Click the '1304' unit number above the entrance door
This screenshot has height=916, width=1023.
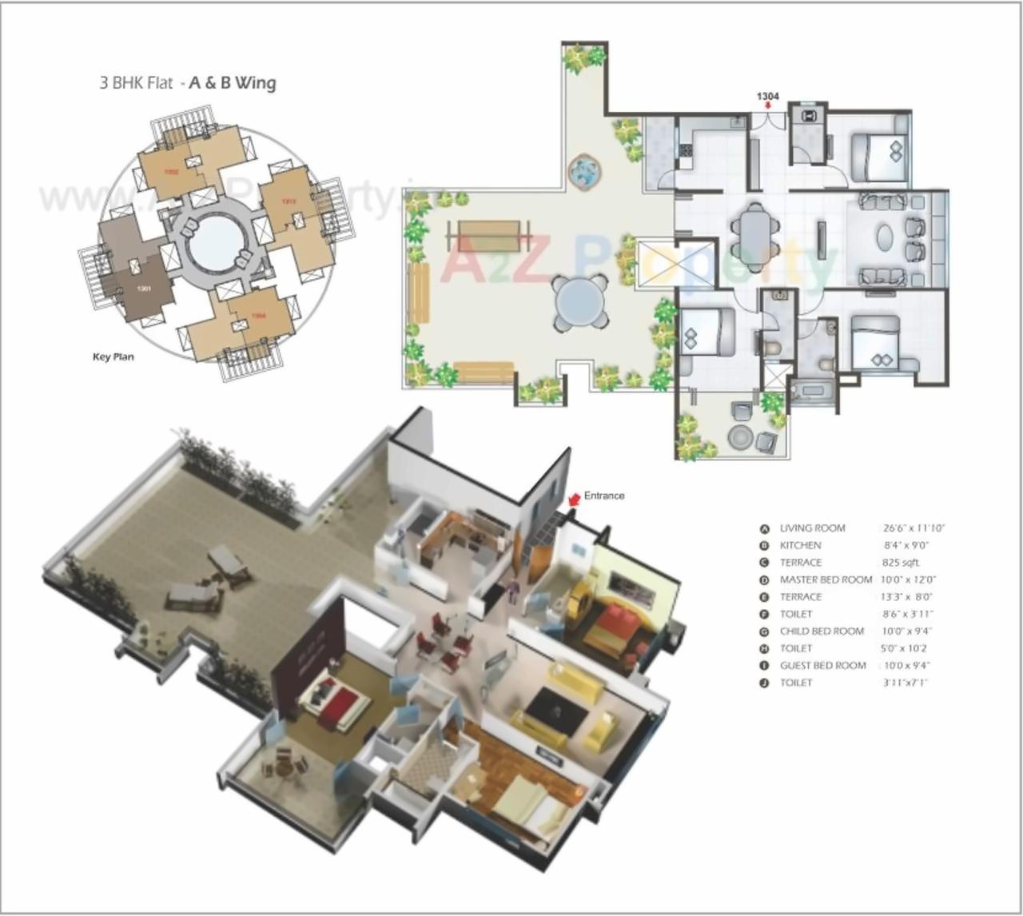click(x=767, y=97)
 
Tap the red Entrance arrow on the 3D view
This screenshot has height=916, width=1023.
click(x=572, y=499)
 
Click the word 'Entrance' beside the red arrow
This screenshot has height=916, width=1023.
click(x=604, y=496)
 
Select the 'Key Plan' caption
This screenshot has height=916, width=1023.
click(x=113, y=356)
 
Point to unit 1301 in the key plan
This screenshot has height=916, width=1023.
click(x=144, y=288)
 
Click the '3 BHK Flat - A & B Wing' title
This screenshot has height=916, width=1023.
click(x=188, y=82)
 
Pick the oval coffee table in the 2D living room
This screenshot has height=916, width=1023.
click(x=887, y=238)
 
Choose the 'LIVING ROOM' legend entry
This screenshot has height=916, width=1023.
click(x=812, y=528)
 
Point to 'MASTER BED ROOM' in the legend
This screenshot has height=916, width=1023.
click(x=826, y=579)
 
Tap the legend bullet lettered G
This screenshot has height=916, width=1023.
click(x=764, y=631)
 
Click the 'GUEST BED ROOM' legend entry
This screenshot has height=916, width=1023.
click(x=822, y=665)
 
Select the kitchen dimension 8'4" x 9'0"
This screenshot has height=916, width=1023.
click(x=906, y=546)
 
